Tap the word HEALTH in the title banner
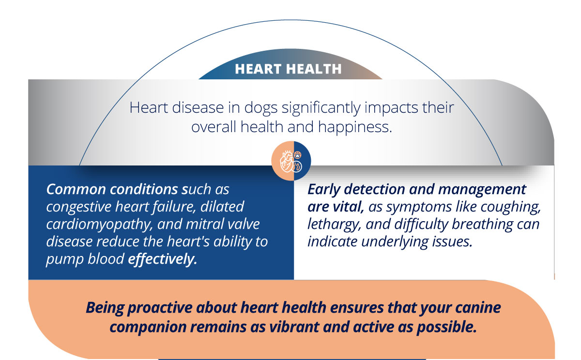(x=314, y=69)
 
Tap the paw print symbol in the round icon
(x=297, y=155)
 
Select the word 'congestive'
(x=79, y=207)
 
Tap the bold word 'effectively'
(x=162, y=259)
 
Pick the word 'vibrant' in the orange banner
(x=294, y=327)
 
